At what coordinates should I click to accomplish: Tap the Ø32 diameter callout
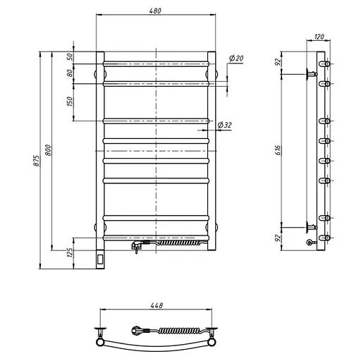[x=225, y=125]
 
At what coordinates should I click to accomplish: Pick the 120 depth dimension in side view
[x=318, y=36]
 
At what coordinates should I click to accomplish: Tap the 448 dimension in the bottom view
[x=156, y=305]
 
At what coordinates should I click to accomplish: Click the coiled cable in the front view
[x=176, y=243]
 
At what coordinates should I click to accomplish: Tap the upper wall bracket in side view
[x=311, y=73]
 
